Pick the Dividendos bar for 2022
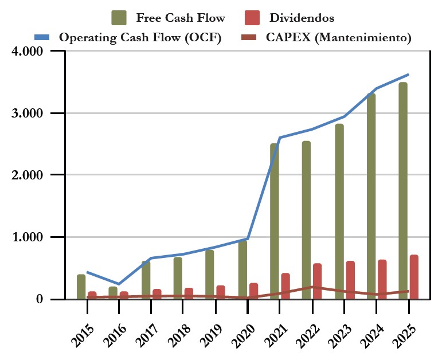point(317,281)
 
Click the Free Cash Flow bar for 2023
point(339,212)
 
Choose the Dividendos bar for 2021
point(285,286)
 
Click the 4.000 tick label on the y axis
point(28,51)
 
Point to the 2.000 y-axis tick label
point(28,175)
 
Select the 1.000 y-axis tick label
point(28,237)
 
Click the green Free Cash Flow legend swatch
point(120,18)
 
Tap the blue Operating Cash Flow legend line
point(43,38)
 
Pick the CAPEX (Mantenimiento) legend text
point(339,38)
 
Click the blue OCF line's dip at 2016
point(119,284)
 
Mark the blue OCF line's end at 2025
point(408,75)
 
